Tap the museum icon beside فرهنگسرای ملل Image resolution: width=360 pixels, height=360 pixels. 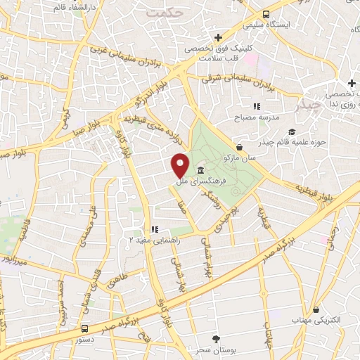pos(201,172)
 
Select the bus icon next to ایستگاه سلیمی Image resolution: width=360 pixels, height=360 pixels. pos(265,14)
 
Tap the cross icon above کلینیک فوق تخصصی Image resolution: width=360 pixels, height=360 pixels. pos(219,37)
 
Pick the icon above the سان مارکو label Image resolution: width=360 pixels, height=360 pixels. pos(240,148)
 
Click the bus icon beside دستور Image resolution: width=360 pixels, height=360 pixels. pos(84,328)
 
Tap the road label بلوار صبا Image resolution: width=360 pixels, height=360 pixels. pos(84,126)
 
